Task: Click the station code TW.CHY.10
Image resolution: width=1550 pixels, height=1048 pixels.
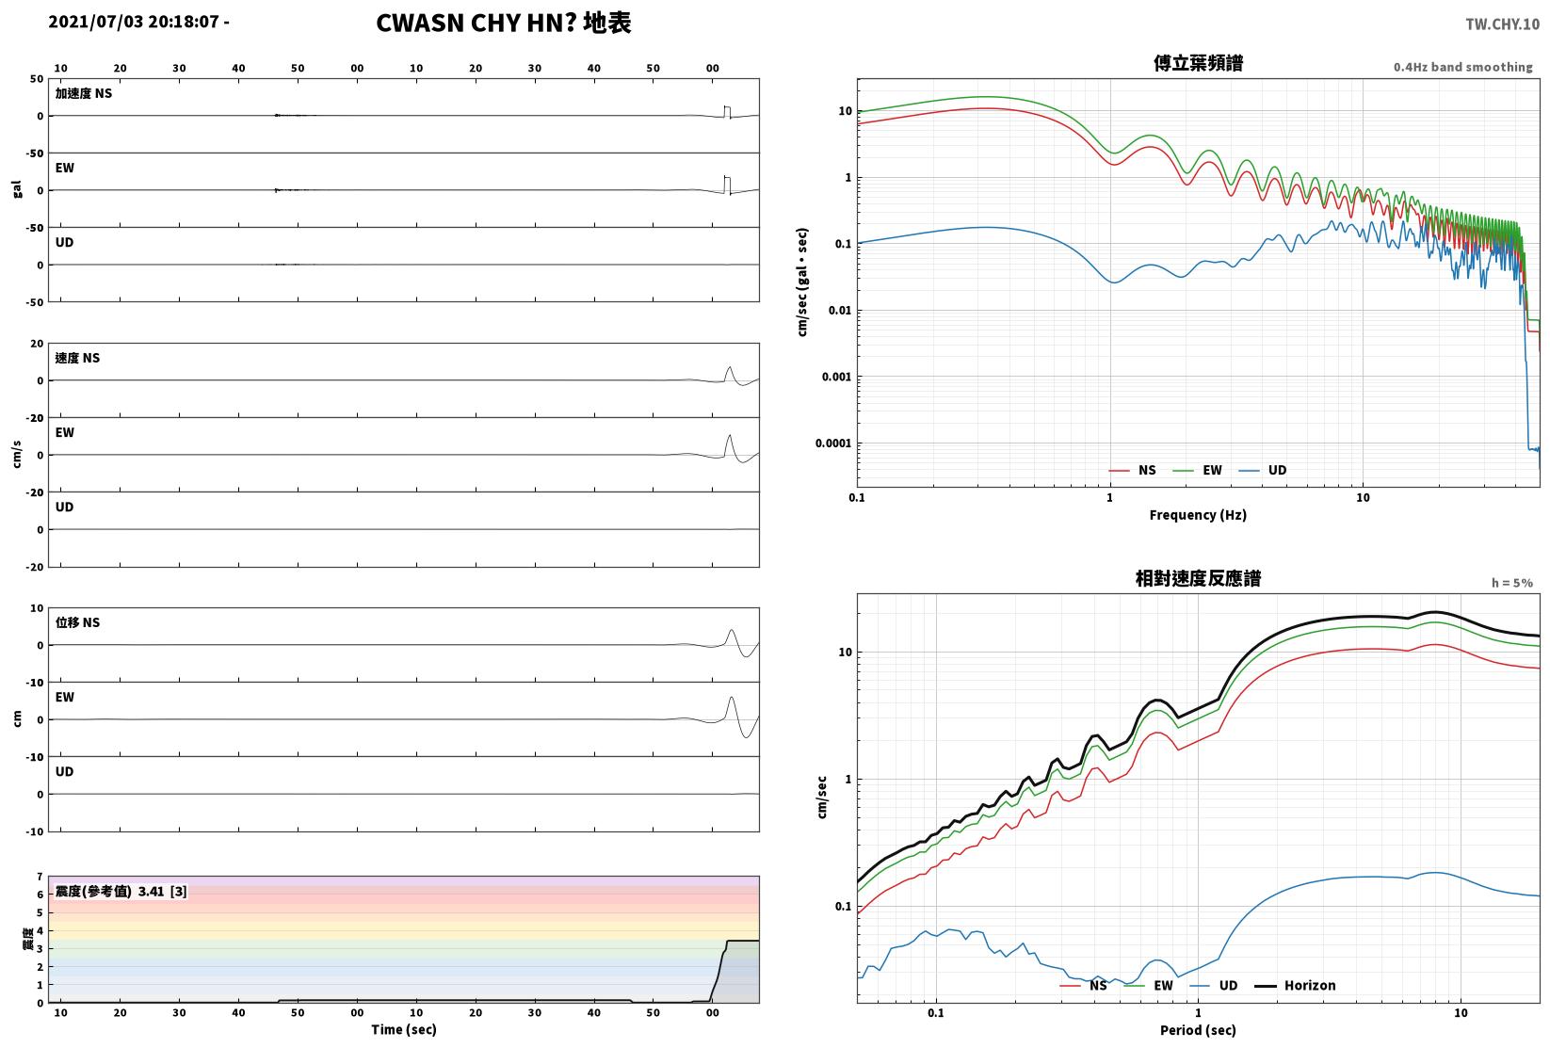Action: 1502,24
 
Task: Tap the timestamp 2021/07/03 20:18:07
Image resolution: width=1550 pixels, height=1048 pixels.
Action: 134,22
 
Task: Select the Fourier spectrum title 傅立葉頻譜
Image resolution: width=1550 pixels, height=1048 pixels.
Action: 1198,63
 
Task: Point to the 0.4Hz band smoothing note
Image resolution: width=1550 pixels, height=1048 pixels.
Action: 1462,67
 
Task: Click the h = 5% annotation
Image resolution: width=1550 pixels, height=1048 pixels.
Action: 1512,583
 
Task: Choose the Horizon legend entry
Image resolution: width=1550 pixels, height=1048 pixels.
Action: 1296,985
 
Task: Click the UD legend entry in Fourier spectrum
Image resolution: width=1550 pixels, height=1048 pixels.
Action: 1262,470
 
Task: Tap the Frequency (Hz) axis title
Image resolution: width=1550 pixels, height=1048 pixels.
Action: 1198,515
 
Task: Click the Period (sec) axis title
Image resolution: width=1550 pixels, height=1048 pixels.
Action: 1198,1030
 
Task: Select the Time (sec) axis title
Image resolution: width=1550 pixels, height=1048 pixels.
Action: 404,1029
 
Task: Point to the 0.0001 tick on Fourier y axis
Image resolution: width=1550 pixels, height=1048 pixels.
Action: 833,443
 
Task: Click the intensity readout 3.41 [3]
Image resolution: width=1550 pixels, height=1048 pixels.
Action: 163,891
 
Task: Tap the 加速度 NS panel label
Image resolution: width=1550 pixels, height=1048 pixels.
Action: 84,93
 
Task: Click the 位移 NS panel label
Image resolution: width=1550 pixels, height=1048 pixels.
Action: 77,622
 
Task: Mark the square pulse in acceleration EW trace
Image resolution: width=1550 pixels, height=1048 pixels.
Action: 727,185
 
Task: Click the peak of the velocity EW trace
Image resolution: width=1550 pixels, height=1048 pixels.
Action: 730,435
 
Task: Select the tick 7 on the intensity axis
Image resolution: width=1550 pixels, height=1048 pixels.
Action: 40,877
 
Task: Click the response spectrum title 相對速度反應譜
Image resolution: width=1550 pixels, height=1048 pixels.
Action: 1198,578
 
